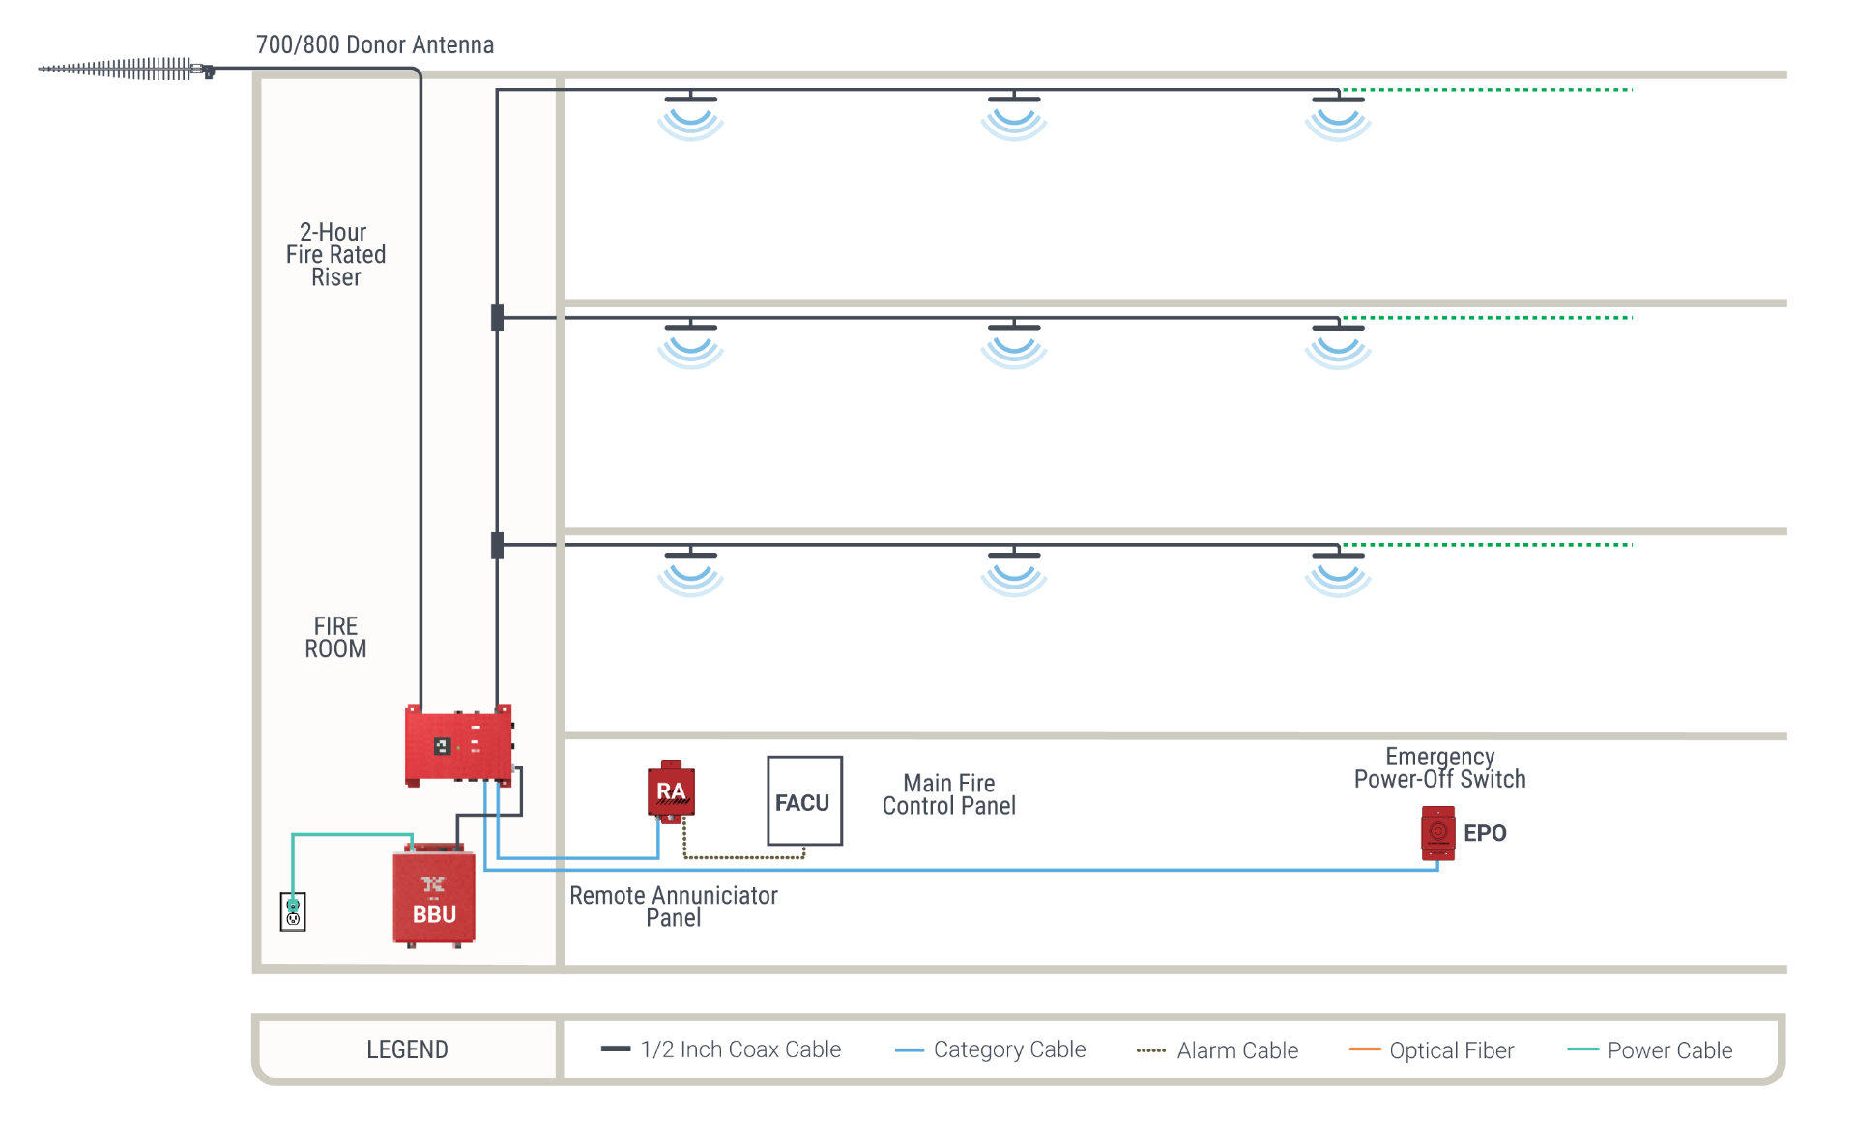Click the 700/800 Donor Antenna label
point(374,44)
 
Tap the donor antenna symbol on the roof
point(126,69)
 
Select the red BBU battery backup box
point(433,895)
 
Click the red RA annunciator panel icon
point(671,791)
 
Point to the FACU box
point(803,801)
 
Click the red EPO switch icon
point(1437,832)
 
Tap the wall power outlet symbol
point(293,911)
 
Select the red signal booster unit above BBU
point(458,745)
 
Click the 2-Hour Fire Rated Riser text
point(335,254)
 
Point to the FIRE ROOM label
point(335,638)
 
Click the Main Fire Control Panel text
point(948,794)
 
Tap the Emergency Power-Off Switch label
point(1439,768)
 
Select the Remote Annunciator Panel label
point(673,906)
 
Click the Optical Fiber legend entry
point(1432,1050)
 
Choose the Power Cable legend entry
point(1650,1050)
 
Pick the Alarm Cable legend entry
point(1218,1050)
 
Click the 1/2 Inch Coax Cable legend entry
point(721,1049)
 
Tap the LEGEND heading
point(407,1049)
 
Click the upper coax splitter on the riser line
point(497,317)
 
